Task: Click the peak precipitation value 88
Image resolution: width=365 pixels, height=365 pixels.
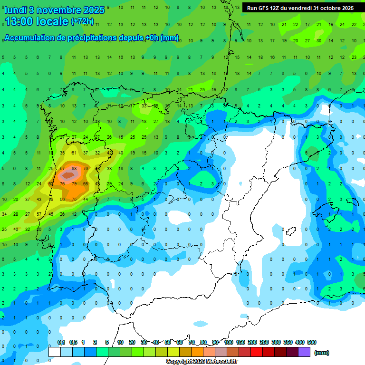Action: (74, 168)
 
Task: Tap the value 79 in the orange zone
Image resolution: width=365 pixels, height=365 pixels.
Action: (74, 183)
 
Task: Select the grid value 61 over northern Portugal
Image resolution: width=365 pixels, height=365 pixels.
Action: (74, 153)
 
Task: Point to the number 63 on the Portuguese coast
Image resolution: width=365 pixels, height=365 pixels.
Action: (51, 183)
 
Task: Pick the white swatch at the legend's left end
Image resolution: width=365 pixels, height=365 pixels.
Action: (55, 352)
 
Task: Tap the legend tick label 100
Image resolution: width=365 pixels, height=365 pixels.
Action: (229, 342)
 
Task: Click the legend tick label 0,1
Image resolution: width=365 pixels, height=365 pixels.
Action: (61, 342)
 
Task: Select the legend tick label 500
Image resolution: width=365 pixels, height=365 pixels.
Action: (312, 342)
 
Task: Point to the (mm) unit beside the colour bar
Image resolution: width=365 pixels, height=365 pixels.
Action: (322, 353)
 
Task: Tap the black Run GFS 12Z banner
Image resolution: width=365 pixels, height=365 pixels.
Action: (300, 8)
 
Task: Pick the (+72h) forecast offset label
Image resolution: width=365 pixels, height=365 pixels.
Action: (82, 21)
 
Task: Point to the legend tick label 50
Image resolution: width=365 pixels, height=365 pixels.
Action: (168, 342)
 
